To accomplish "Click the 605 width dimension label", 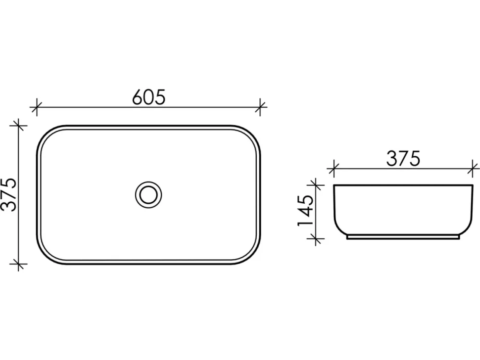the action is click(x=148, y=97).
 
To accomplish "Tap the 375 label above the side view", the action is click(x=403, y=159).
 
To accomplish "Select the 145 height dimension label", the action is click(x=305, y=211).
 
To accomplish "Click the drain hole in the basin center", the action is click(x=148, y=195).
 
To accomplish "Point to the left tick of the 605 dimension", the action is click(x=37, y=107).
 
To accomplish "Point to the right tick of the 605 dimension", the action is click(x=260, y=107).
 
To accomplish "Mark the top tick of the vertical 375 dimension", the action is click(x=19, y=126).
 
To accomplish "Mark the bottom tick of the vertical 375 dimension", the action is click(x=19, y=264).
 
